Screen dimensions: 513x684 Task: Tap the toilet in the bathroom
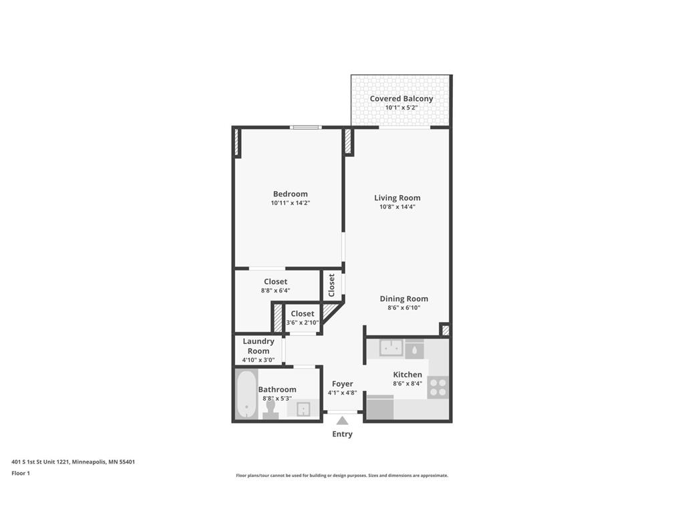pyautogui.click(x=271, y=408)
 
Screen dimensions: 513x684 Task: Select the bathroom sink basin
pyautogui.click(x=305, y=409)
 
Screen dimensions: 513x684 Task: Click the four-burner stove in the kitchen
pyautogui.click(x=438, y=387)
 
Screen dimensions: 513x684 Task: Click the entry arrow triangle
pyautogui.click(x=342, y=420)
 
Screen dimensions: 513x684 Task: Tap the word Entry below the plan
pyautogui.click(x=342, y=434)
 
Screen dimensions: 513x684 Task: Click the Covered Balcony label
pyautogui.click(x=401, y=99)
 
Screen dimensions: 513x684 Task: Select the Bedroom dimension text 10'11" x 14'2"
pyautogui.click(x=290, y=203)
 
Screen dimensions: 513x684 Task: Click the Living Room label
pyautogui.click(x=397, y=198)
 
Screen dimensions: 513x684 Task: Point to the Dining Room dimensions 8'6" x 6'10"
pyautogui.click(x=403, y=308)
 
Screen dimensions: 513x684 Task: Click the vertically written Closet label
pyautogui.click(x=331, y=285)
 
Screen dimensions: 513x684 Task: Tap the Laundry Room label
pyautogui.click(x=259, y=346)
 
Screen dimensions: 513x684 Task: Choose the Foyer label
pyautogui.click(x=342, y=384)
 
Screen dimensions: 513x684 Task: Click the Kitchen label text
pyautogui.click(x=407, y=375)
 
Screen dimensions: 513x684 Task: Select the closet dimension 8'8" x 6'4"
pyautogui.click(x=275, y=291)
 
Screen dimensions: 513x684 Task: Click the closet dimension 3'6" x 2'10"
pyautogui.click(x=302, y=323)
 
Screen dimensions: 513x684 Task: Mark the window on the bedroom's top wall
pyautogui.click(x=305, y=127)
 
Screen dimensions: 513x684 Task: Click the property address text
pyautogui.click(x=73, y=462)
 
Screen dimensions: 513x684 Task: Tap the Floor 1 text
pyautogui.click(x=21, y=473)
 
